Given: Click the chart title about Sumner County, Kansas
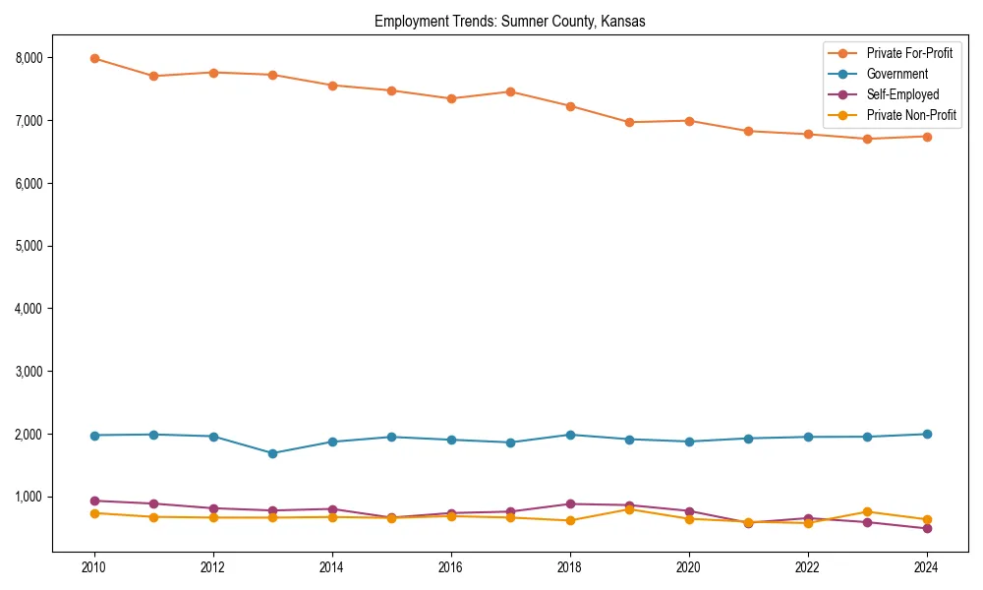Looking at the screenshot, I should tap(509, 22).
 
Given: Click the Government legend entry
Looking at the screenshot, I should tap(896, 74).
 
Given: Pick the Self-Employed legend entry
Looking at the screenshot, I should tap(902, 95).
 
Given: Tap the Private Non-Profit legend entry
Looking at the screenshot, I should tap(911, 116).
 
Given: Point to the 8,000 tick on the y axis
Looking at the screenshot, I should tap(29, 58).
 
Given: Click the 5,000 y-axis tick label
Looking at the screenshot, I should tap(29, 246).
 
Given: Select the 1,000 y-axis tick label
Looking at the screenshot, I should tap(29, 497).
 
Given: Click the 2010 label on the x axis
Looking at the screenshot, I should tap(94, 567).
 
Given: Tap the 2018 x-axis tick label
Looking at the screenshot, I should tap(570, 567).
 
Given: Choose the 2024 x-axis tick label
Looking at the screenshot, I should tap(926, 567).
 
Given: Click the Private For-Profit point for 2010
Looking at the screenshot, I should tap(94, 58).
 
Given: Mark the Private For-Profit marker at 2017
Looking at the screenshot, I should tap(510, 91).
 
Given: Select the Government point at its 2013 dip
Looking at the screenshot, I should tap(272, 453).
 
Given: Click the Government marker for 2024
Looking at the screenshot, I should tap(926, 434).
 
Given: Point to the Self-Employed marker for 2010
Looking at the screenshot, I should tap(94, 501).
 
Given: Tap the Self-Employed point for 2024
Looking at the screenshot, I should tap(926, 528).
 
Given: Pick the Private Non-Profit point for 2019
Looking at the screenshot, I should tap(629, 509).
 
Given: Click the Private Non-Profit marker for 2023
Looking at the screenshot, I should tap(867, 511).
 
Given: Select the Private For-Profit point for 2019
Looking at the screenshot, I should tap(629, 122).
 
